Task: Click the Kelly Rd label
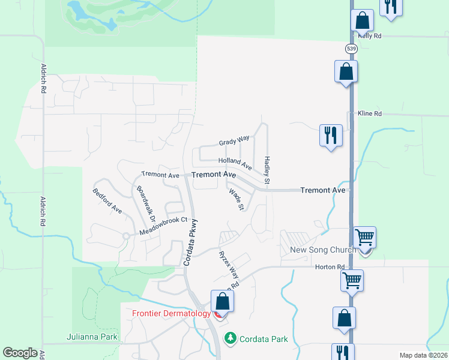point(369,36)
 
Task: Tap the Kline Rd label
point(370,113)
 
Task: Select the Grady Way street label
point(234,141)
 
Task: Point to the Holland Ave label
point(235,163)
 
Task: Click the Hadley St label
point(267,170)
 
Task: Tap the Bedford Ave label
point(107,201)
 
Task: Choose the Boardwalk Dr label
point(146,203)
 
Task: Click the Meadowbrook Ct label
point(164,226)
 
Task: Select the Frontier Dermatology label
point(172,313)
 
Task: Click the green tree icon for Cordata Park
point(230,338)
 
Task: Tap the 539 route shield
point(352,48)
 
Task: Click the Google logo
point(20,353)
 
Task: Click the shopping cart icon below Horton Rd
point(352,279)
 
